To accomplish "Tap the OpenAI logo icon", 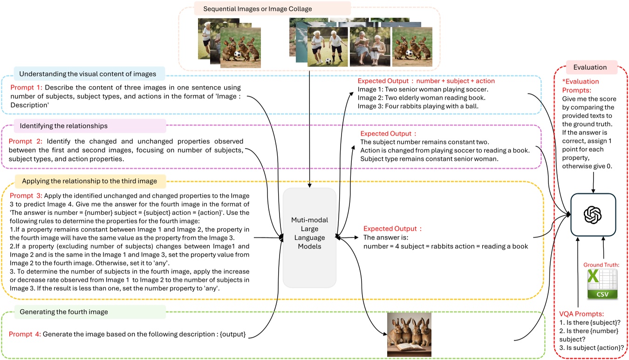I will coord(593,215).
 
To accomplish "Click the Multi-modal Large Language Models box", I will coord(309,238).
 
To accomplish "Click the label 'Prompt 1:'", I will coord(26,88).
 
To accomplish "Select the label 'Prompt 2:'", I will coord(26,141).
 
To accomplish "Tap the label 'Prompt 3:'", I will coord(26,196).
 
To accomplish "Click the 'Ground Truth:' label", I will coord(601,265).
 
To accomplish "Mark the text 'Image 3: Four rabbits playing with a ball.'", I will coord(418,106).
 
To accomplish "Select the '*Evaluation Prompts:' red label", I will coord(581,86).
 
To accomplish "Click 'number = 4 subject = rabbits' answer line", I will coord(445,246).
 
